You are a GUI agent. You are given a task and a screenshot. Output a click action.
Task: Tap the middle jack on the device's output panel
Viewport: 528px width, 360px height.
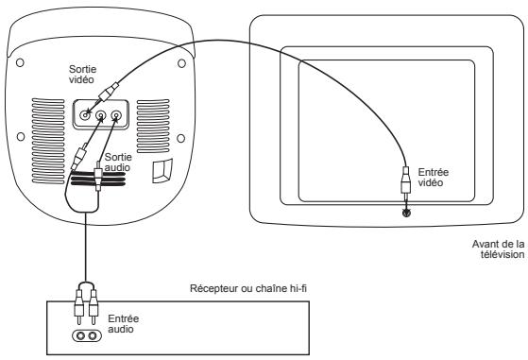tap(101, 117)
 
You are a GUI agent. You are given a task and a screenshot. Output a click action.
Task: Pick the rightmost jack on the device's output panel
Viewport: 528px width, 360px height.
tap(116, 117)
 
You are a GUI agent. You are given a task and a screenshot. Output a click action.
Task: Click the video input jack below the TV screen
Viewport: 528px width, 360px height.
tap(407, 214)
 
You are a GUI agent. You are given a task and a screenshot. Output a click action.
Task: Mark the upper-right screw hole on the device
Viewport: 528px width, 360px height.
tap(179, 63)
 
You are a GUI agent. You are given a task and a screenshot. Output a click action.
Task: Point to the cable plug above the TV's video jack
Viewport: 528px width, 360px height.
tap(406, 182)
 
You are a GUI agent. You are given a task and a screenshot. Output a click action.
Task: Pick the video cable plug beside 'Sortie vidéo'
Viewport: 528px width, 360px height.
tap(112, 92)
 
